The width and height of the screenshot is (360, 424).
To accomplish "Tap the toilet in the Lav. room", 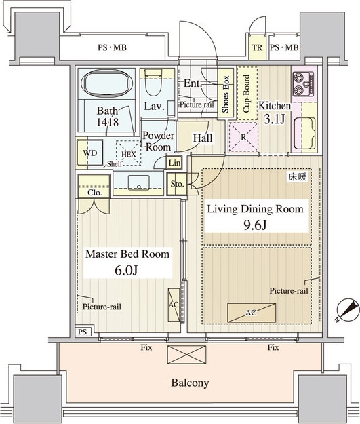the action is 153,82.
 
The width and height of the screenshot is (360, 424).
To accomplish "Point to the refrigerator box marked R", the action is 243,137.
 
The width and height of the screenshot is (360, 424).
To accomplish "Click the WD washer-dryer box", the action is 89,153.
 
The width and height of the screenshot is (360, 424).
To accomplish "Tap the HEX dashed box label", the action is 129,155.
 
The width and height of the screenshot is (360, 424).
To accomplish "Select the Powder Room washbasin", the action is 139,182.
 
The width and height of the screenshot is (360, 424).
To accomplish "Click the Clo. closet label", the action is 95,193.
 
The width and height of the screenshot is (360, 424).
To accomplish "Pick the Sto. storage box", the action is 177,184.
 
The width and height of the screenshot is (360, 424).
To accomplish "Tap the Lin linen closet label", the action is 174,163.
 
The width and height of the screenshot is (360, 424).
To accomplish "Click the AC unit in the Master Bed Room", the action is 174,305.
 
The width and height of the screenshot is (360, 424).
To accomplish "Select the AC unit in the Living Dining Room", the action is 252,313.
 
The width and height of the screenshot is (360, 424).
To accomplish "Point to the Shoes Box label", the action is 225,94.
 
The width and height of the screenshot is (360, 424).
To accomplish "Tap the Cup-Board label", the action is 247,94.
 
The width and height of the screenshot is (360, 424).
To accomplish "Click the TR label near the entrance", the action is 257,47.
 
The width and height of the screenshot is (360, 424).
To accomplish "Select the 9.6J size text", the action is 256,225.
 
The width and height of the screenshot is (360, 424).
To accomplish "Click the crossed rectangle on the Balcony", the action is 186,355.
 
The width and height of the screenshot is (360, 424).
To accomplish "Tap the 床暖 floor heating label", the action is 298,177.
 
